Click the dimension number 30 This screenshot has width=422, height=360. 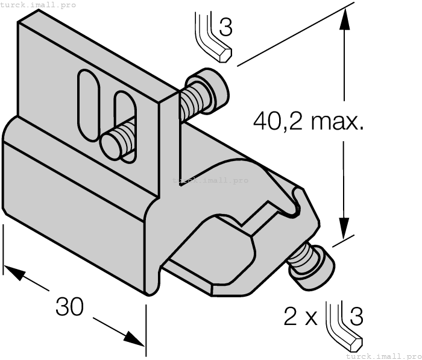pyautogui.click(x=70, y=306)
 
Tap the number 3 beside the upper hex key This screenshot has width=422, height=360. pyautogui.click(x=225, y=27)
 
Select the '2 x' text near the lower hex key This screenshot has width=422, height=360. pyautogui.click(x=300, y=317)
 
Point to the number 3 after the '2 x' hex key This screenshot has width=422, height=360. pyautogui.click(x=356, y=317)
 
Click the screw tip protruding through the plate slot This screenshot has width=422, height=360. pyautogui.click(x=115, y=142)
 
